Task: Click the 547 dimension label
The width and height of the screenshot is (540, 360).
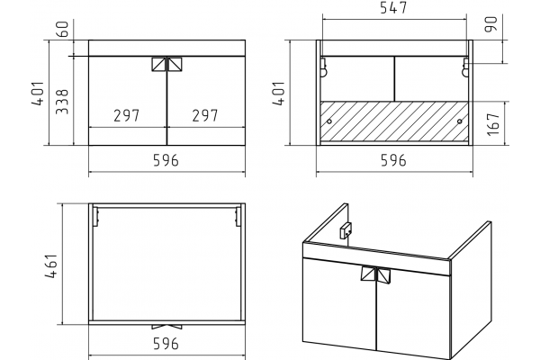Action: [393, 7]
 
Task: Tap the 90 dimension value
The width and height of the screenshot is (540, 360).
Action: [491, 24]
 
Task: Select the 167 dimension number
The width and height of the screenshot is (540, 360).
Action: [493, 124]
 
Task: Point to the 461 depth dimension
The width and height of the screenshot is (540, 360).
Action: [50, 266]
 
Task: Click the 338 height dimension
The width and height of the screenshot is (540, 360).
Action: [62, 102]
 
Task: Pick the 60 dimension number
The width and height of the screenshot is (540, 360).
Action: [62, 29]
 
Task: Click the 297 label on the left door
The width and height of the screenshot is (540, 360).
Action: [126, 116]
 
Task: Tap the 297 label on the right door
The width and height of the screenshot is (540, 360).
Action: [205, 116]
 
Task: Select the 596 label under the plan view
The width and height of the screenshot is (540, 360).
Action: [166, 344]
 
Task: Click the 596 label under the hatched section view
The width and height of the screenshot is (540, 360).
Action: [393, 160]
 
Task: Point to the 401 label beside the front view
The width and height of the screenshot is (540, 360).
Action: [39, 94]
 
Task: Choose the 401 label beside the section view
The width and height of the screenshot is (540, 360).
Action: [279, 94]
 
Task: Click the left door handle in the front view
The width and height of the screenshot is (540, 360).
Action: [158, 65]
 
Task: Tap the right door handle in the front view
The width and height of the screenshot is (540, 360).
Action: [175, 65]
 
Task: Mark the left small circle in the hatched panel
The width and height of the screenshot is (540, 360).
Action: [329, 121]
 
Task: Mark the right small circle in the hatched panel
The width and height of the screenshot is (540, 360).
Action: [459, 121]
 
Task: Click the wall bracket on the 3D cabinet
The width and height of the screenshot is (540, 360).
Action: [346, 230]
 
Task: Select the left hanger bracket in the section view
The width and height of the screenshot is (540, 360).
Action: [323, 67]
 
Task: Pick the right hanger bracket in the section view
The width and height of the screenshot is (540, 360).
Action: [465, 67]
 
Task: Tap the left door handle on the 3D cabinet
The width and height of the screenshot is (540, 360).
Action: [368, 274]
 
